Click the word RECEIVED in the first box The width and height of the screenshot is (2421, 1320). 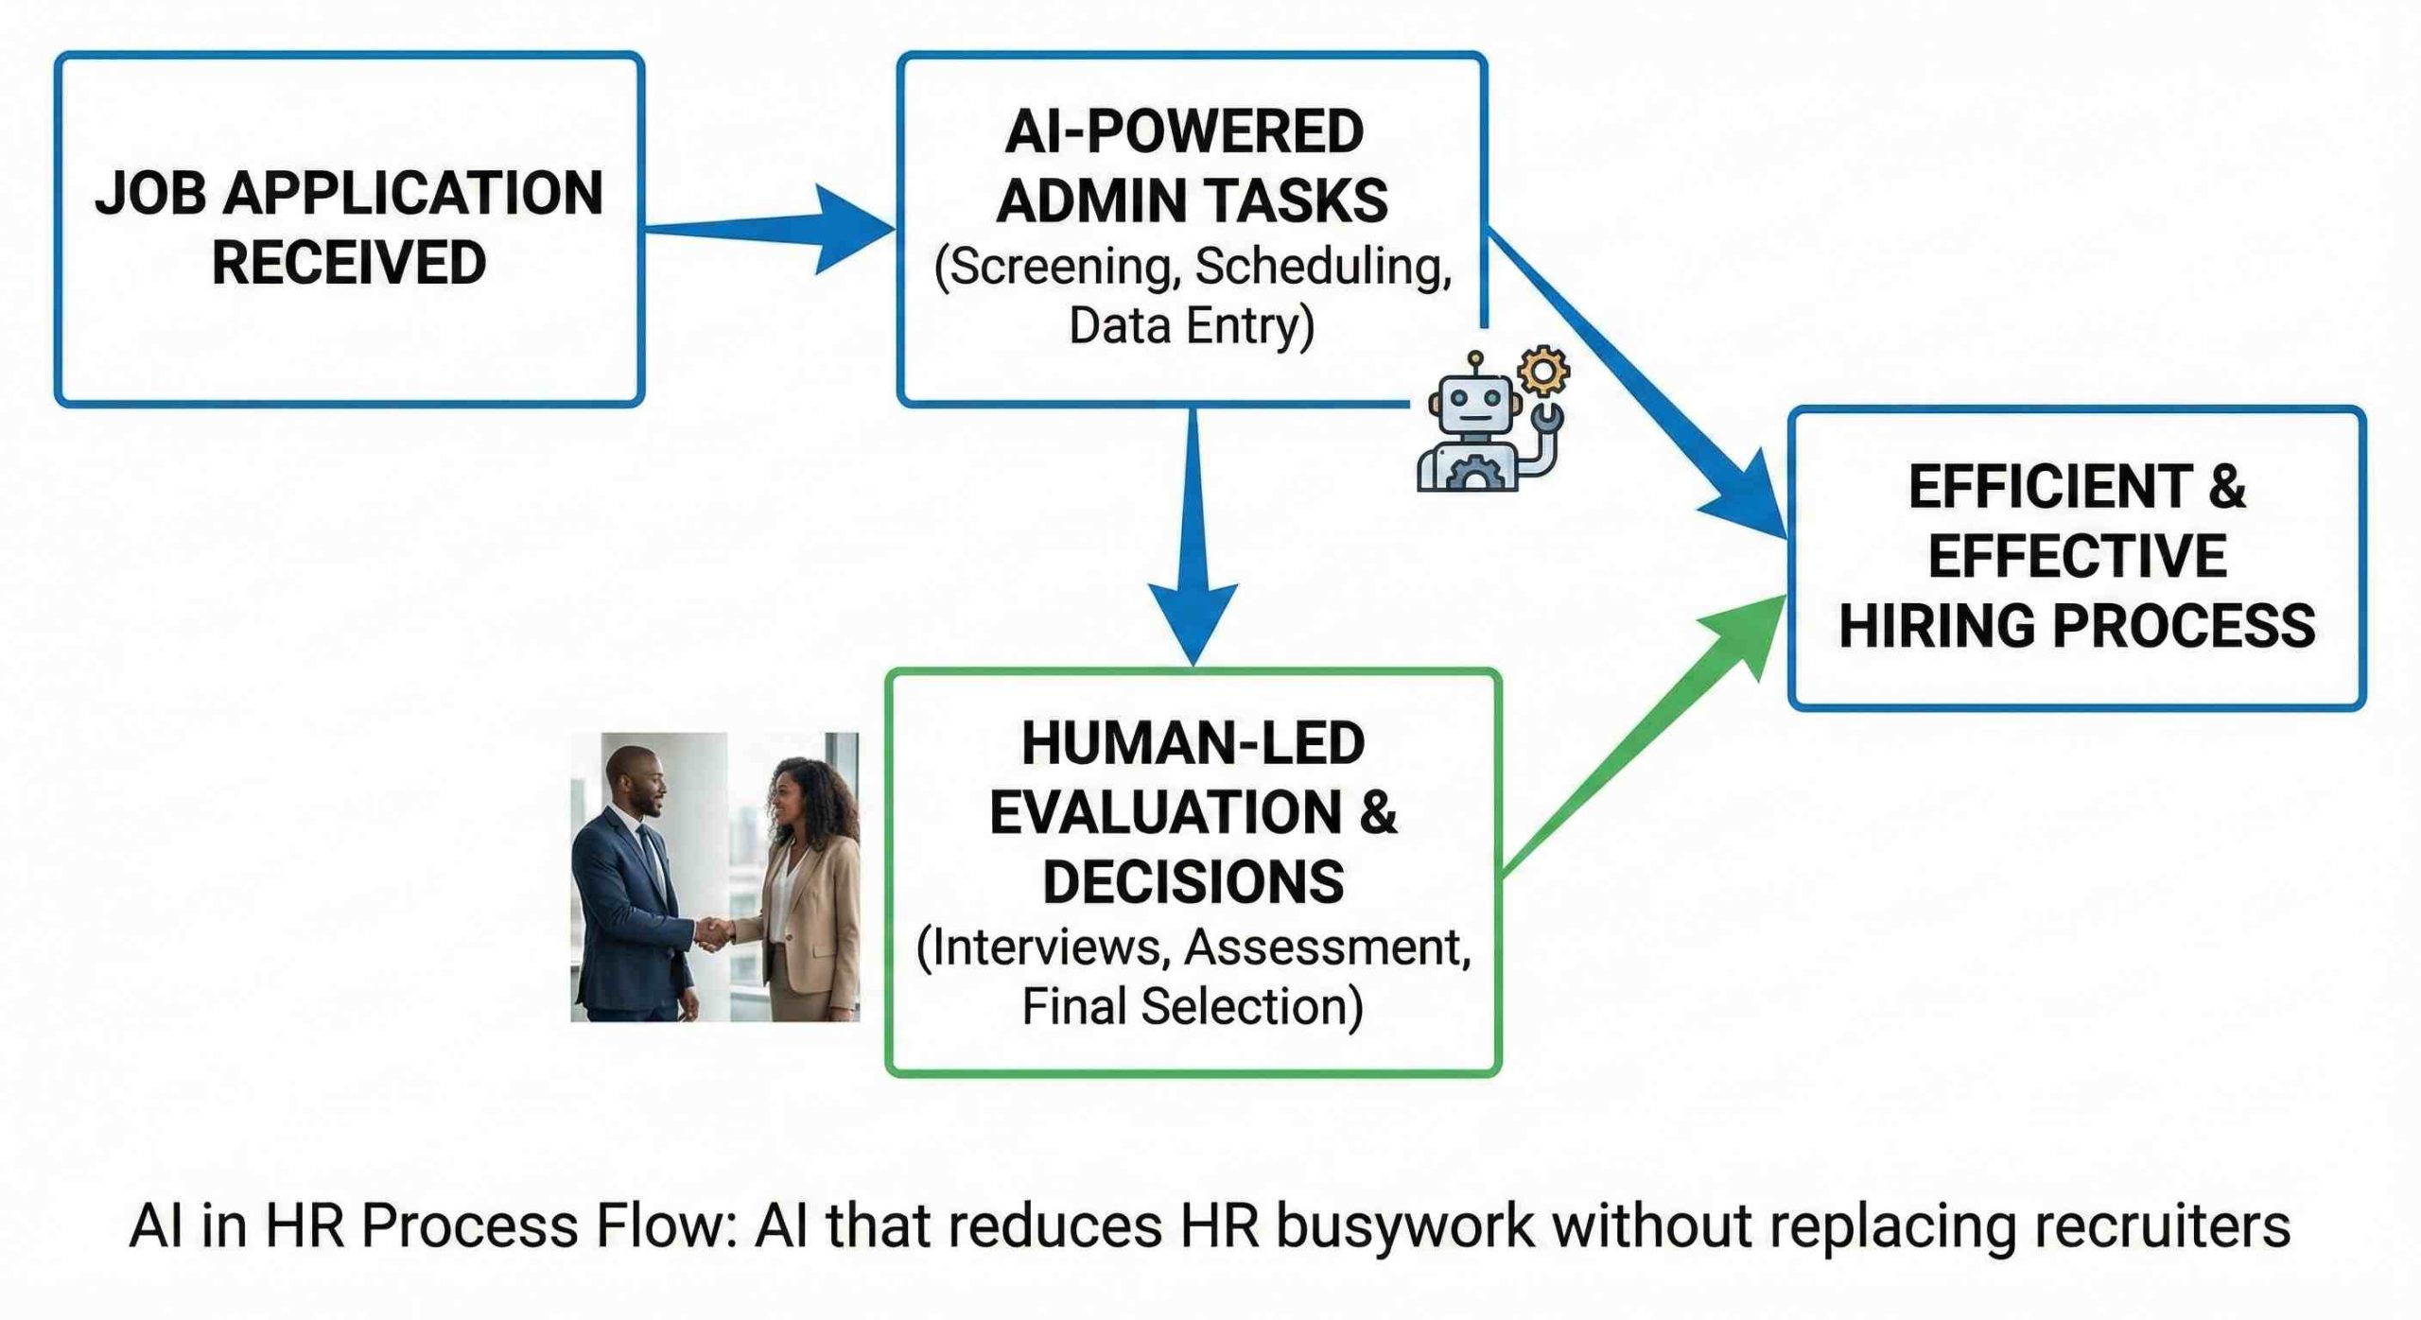[348, 263]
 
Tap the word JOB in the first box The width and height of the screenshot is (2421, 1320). [149, 193]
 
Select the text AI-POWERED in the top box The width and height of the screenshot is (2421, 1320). [1184, 131]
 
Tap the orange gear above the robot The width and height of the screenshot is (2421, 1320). [1543, 371]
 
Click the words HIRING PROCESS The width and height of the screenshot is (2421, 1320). [2077, 626]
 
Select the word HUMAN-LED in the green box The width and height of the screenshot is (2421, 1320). [1193, 743]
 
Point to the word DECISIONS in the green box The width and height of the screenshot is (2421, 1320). [1193, 882]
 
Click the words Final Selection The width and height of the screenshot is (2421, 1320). [1193, 1006]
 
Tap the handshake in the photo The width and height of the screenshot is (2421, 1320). [714, 932]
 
